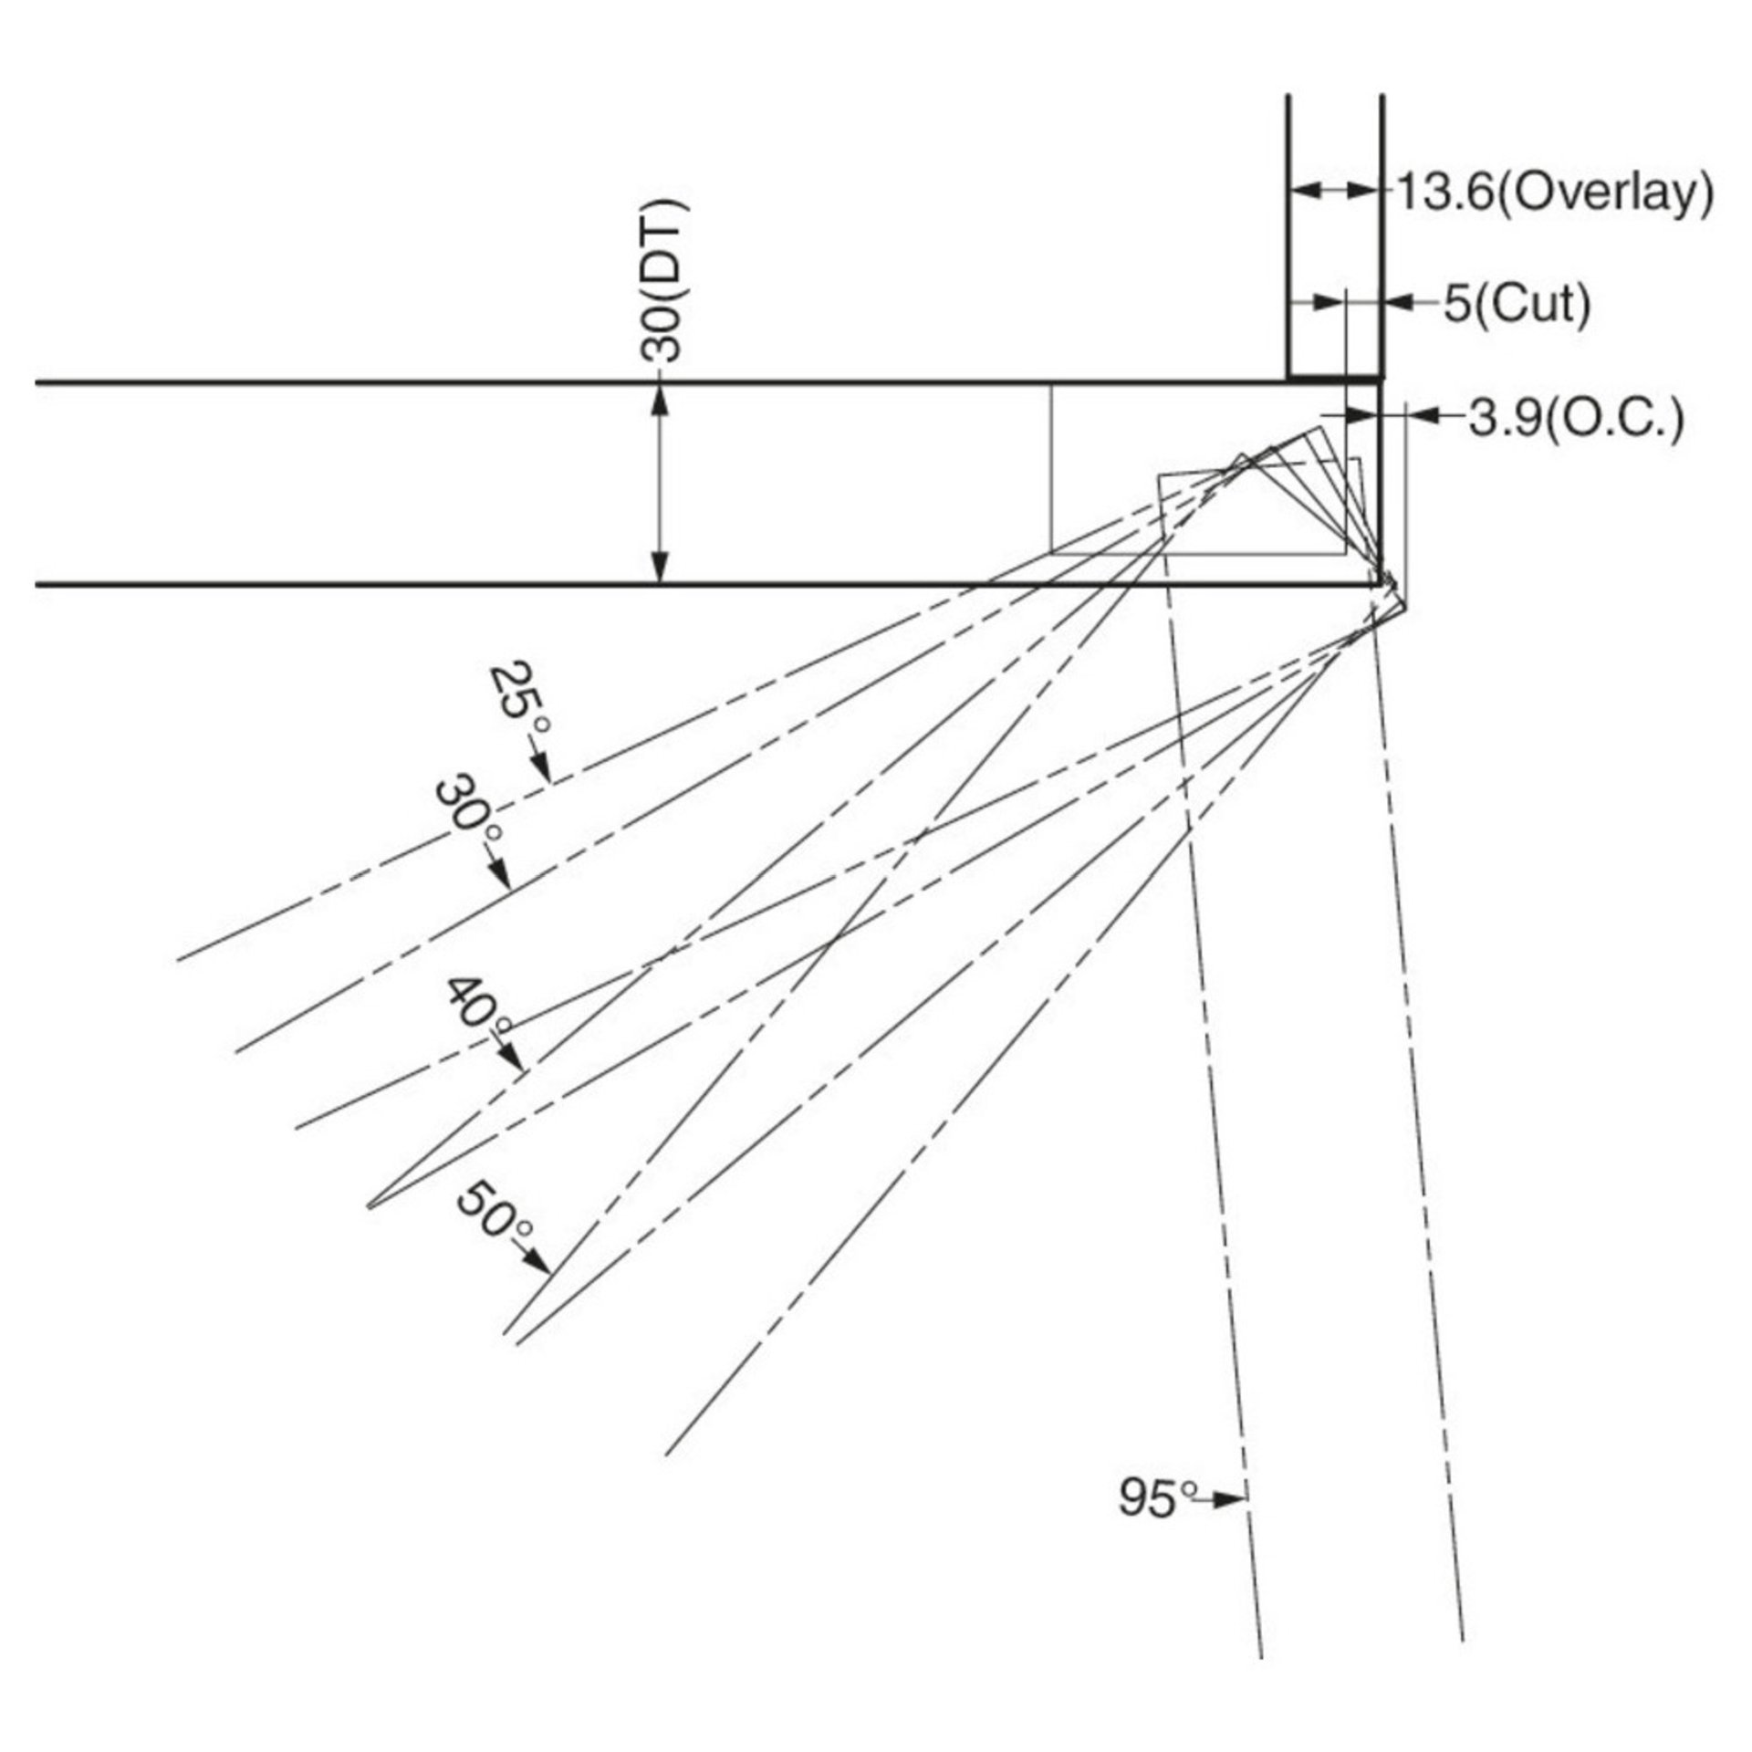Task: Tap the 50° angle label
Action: [494, 1212]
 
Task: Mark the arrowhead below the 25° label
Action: [545, 768]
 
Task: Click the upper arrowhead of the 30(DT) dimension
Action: [662, 397]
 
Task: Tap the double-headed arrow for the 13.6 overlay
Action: [1335, 190]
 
